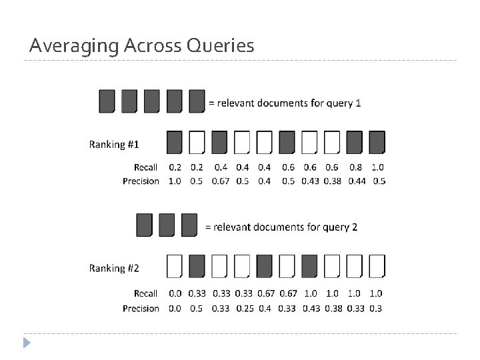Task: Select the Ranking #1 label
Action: click(x=114, y=144)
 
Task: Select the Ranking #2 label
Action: click(x=114, y=268)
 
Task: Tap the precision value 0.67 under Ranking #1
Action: click(x=220, y=181)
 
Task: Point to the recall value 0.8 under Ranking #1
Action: click(x=355, y=167)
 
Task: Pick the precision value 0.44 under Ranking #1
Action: click(x=355, y=181)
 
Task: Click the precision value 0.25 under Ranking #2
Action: click(x=243, y=308)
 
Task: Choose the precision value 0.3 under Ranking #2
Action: click(x=377, y=308)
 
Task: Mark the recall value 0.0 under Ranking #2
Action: click(x=175, y=293)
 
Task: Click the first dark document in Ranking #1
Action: click(x=175, y=142)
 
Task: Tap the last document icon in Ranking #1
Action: click(x=377, y=142)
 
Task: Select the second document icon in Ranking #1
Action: click(x=197, y=142)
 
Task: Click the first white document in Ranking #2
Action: click(x=175, y=266)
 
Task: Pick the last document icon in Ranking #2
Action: click(x=377, y=266)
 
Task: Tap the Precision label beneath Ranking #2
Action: click(x=141, y=308)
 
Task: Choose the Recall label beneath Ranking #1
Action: click(x=145, y=167)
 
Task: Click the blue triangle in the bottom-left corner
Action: click(x=27, y=343)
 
